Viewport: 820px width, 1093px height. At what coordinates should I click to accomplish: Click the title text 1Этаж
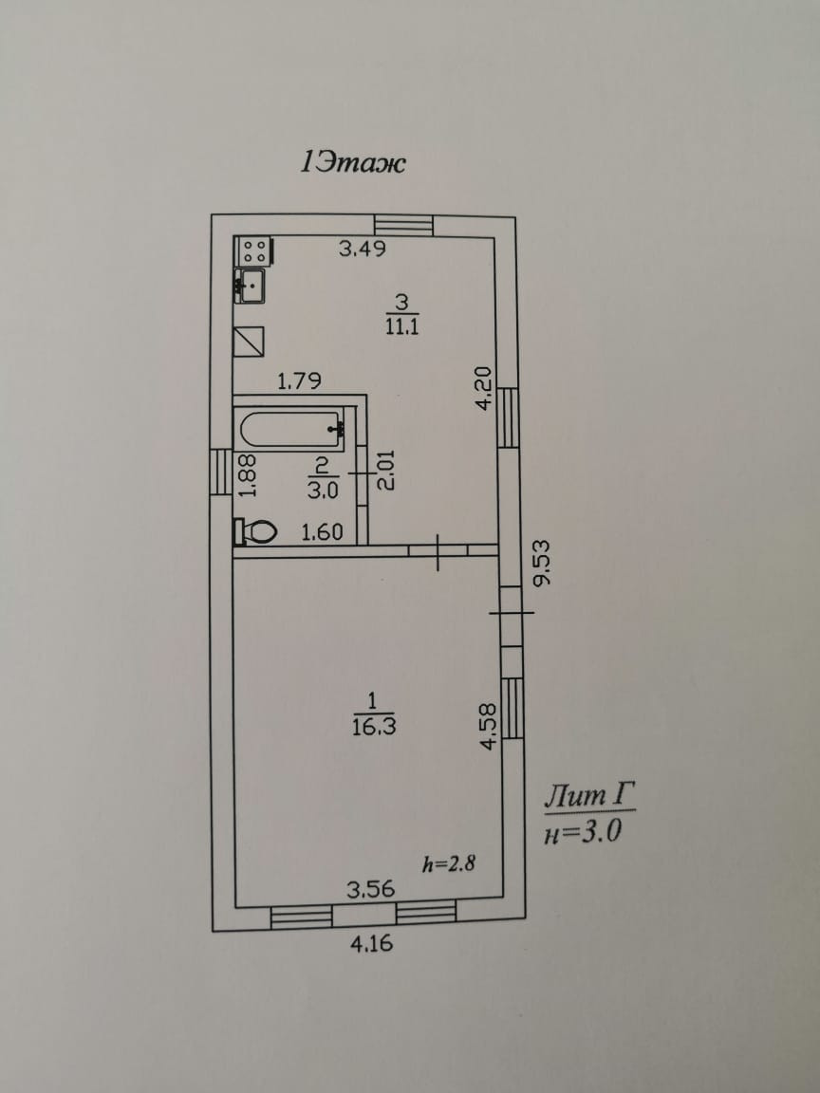click(x=352, y=163)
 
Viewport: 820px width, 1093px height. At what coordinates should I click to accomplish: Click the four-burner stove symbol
click(x=253, y=251)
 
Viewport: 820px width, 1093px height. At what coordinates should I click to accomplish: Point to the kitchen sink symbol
click(x=252, y=285)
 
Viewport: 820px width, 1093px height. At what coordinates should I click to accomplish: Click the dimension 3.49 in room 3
click(x=363, y=250)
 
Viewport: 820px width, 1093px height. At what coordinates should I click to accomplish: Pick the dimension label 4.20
click(x=484, y=387)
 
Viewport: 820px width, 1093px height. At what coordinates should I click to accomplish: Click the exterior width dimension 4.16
click(x=370, y=943)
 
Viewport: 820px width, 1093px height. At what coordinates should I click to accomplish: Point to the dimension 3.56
click(x=370, y=890)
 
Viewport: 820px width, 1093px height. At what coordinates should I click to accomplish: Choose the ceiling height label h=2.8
click(x=448, y=863)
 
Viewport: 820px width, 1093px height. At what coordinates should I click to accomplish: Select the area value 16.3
click(x=372, y=727)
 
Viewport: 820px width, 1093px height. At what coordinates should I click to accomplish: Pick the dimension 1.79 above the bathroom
click(x=299, y=381)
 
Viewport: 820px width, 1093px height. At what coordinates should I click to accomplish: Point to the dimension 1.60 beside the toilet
click(x=321, y=533)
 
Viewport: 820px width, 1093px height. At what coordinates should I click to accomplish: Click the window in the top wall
click(x=403, y=225)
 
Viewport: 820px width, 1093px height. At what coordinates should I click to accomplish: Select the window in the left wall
click(x=221, y=472)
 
